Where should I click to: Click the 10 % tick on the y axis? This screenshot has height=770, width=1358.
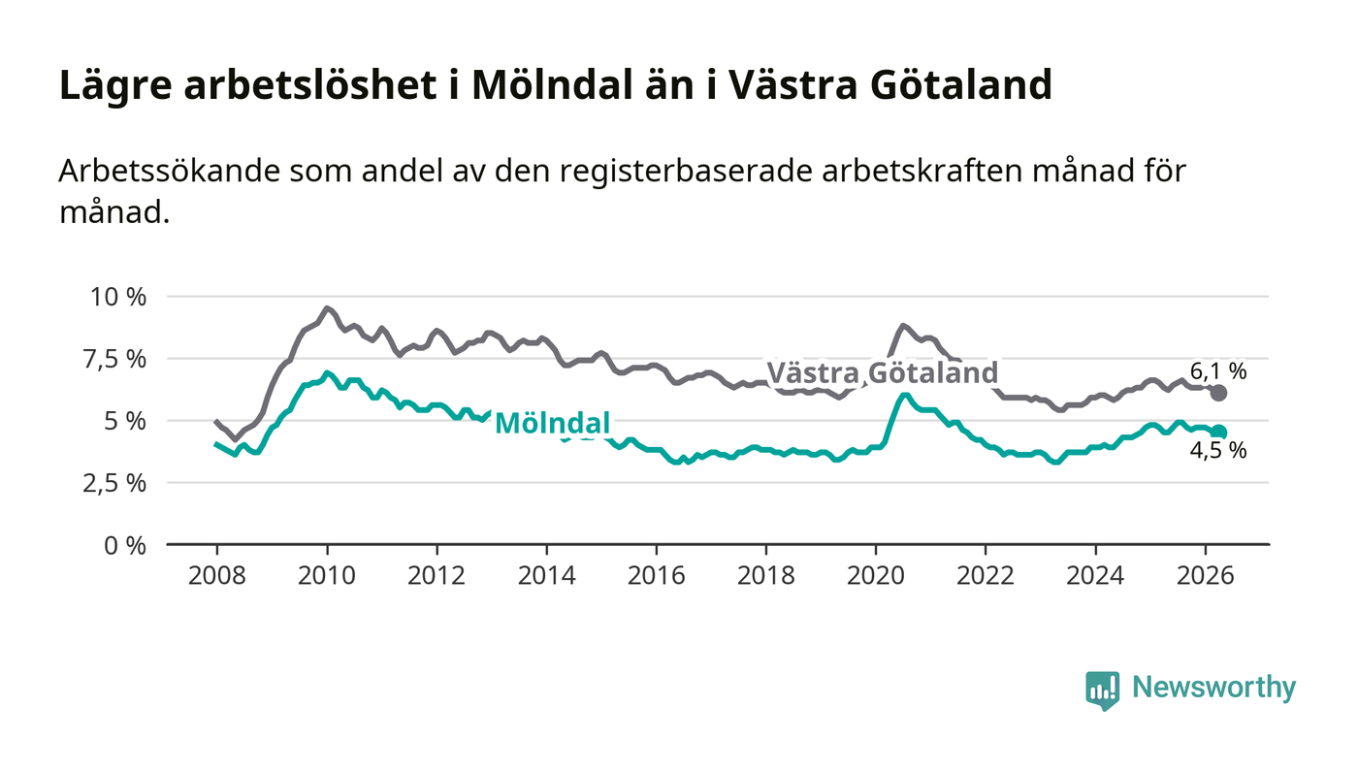click(118, 297)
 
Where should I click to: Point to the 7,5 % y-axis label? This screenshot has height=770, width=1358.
click(114, 360)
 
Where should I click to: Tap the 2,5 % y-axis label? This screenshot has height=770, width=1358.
click(114, 484)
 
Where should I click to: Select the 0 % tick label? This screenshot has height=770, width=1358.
click(125, 546)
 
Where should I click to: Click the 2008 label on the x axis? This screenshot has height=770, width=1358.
click(217, 575)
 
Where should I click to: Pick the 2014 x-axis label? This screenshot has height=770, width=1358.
click(546, 575)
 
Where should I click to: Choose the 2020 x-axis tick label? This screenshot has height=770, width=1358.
click(875, 575)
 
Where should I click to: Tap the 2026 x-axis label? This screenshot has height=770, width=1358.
click(1205, 575)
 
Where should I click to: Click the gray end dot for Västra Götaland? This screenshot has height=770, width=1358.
click(1218, 393)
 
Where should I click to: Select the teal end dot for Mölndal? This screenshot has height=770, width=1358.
click(1219, 432)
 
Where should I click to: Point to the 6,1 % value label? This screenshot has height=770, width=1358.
click(1218, 371)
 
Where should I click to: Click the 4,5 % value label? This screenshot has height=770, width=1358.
click(1218, 451)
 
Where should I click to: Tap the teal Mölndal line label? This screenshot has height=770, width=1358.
click(552, 423)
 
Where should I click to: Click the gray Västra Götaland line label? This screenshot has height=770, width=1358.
click(882, 372)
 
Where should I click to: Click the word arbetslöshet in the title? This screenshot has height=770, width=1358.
click(310, 84)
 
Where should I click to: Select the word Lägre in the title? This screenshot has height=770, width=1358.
click(115, 86)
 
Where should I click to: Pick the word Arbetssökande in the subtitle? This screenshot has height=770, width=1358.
click(170, 171)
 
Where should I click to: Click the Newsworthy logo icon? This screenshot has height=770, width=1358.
click(1102, 690)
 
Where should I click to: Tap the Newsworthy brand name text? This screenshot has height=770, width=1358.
click(1213, 688)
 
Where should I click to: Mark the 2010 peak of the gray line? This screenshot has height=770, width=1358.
click(327, 308)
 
